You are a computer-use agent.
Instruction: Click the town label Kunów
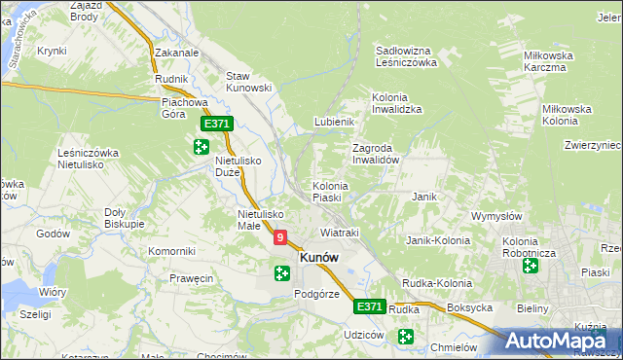pos(319,258)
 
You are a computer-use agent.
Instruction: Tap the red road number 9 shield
pos(281,236)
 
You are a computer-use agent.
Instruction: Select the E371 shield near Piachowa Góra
pos(216,125)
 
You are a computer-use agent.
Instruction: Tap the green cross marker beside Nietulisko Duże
pos(201,147)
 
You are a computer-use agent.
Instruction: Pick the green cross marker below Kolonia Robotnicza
pos(531,266)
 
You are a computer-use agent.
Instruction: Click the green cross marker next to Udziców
pos(405,337)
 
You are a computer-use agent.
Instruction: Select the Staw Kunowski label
pos(247,82)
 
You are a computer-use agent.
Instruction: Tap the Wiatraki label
pos(340,234)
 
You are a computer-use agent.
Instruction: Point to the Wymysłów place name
pos(497,215)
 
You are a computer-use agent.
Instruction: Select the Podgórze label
pos(316,294)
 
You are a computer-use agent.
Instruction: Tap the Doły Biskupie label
pos(124,217)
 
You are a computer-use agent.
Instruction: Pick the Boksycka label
pos(469,307)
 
